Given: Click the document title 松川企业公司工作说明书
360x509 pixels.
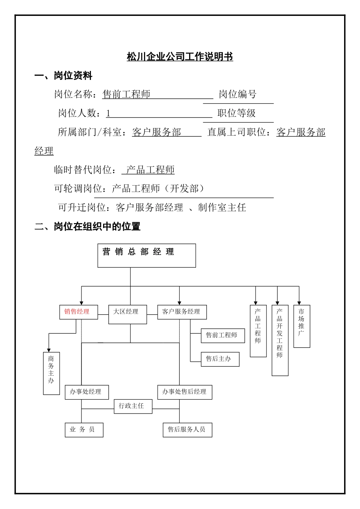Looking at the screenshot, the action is (x=180, y=57).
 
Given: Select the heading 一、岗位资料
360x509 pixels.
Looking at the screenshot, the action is (x=63, y=76).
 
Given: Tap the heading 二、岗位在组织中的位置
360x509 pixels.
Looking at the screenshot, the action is (x=88, y=226).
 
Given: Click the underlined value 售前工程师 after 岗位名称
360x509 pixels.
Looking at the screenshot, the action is (x=126, y=94).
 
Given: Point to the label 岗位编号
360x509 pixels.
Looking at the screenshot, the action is (x=238, y=94).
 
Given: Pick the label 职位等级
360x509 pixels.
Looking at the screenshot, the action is (x=236, y=113).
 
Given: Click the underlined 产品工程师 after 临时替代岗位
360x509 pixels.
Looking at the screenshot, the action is (x=150, y=170).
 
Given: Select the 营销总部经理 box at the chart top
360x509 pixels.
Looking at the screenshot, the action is (x=147, y=256).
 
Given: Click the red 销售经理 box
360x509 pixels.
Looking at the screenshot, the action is (x=78, y=312).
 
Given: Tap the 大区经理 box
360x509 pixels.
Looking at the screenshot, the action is (x=127, y=314).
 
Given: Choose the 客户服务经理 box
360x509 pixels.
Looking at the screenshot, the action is (x=182, y=312).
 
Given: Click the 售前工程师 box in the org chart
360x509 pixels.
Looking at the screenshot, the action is (x=222, y=336).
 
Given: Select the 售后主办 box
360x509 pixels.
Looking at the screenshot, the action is (x=220, y=359).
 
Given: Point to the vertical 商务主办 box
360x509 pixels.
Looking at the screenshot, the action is (x=51, y=373).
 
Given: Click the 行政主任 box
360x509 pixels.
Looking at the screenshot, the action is (x=133, y=406).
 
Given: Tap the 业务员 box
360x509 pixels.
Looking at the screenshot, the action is (x=84, y=430).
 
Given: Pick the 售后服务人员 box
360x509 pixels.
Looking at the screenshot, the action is (x=187, y=430).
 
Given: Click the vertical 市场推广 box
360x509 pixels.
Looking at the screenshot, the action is (x=302, y=326).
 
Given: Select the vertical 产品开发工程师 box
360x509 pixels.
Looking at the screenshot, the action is (x=280, y=340).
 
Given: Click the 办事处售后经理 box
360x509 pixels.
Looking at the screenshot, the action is (x=185, y=392).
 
